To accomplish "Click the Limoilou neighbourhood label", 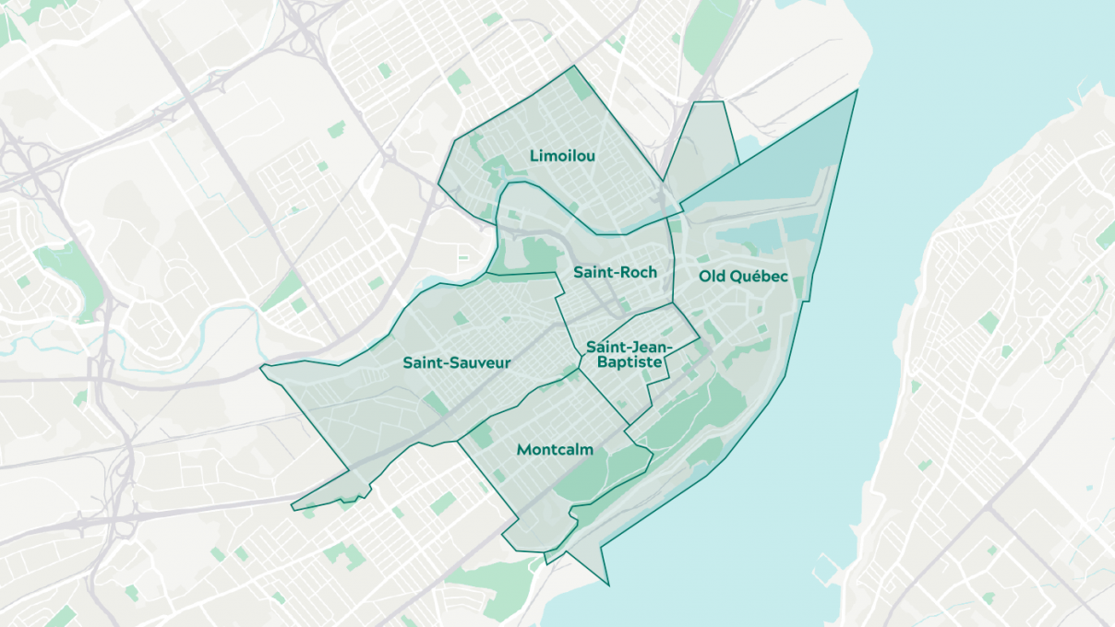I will click(562, 156).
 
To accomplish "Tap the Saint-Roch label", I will click(615, 272).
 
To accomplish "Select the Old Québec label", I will click(743, 276).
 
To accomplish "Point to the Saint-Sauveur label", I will click(456, 363).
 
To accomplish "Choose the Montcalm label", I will click(555, 450).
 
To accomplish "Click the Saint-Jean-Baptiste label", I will click(629, 355).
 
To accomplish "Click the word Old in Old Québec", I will click(712, 276).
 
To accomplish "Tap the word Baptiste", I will click(629, 363).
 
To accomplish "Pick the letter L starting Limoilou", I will click(534, 156).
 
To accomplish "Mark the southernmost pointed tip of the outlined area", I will click(609, 585).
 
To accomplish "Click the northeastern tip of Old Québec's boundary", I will click(857, 90).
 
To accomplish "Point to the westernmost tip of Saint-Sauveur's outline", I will click(262, 369).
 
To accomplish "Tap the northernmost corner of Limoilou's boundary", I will click(574, 66).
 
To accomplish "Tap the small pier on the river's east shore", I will click(824, 560).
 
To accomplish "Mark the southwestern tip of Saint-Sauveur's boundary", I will click(294, 507).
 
